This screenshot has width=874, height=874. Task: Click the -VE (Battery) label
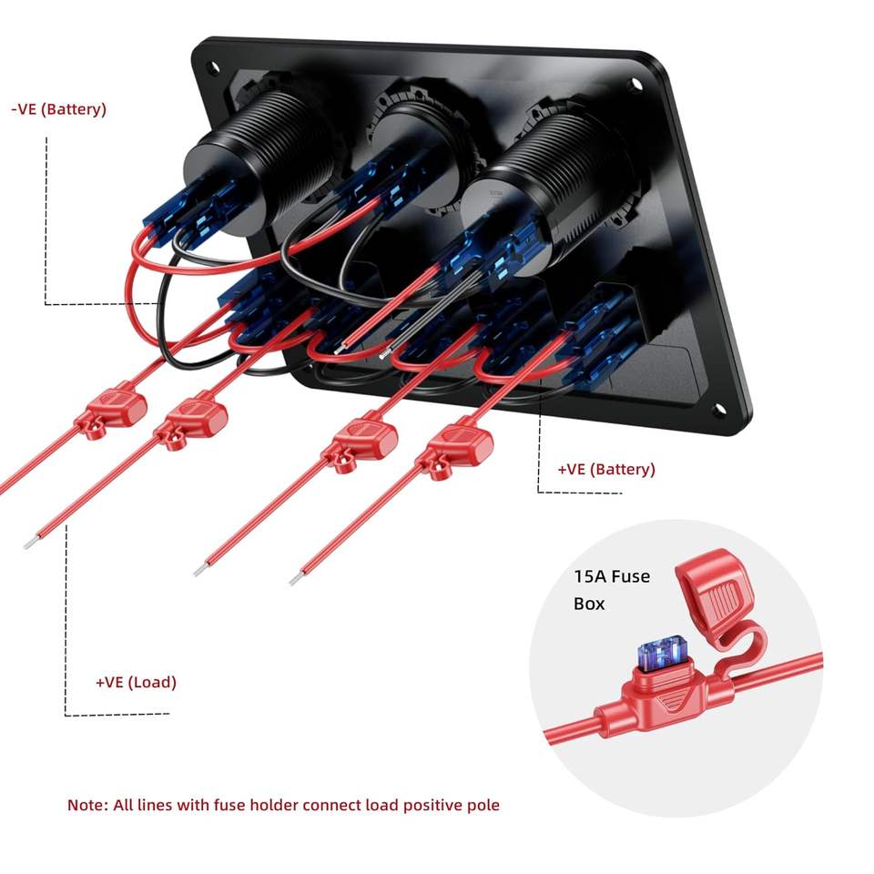point(59,109)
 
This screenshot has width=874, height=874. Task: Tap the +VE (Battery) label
point(606,470)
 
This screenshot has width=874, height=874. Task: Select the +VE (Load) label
point(136,682)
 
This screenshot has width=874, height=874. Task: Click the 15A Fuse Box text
point(612,589)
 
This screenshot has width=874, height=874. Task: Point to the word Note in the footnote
point(86,805)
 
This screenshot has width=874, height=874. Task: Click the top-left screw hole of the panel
point(212,67)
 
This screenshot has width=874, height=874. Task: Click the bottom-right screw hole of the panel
point(718,411)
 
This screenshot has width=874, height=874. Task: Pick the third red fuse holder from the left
point(362,440)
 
